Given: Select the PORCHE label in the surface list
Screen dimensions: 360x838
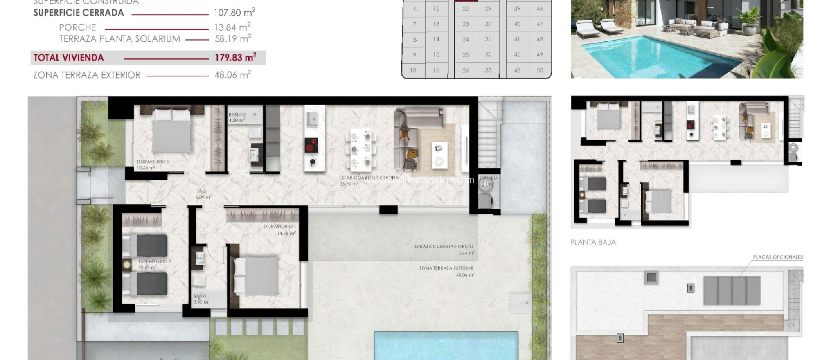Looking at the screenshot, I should pyautogui.click(x=77, y=27).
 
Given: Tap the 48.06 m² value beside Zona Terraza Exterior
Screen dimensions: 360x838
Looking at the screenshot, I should pyautogui.click(x=232, y=75).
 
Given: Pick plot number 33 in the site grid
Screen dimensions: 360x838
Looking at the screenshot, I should pyautogui.click(x=488, y=70).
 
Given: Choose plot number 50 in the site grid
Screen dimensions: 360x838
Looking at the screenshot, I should pyautogui.click(x=540, y=70).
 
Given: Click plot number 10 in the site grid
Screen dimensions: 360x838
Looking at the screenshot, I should pyautogui.click(x=413, y=70).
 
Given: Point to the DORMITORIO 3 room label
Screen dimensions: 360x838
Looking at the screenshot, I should pyautogui.click(x=153, y=162).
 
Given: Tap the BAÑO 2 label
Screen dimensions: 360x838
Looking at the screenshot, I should pyautogui.click(x=237, y=115).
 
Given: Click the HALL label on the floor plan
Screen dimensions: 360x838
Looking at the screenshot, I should pyautogui.click(x=201, y=191).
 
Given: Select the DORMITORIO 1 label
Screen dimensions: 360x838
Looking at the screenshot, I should pyautogui.click(x=280, y=227).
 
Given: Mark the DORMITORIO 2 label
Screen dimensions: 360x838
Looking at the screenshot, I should pyautogui.click(x=155, y=261).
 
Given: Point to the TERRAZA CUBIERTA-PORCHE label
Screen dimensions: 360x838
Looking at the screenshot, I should pyautogui.click(x=443, y=247).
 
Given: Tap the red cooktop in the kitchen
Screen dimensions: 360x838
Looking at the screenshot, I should pyautogui.click(x=312, y=146).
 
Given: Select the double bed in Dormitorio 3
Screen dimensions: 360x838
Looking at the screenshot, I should pyautogui.click(x=171, y=131).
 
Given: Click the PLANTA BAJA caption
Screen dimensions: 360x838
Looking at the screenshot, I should pyautogui.click(x=593, y=242).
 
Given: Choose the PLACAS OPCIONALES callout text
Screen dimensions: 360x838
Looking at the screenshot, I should pyautogui.click(x=777, y=257).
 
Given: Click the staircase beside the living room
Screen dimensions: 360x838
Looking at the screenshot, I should pyautogui.click(x=488, y=135).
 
